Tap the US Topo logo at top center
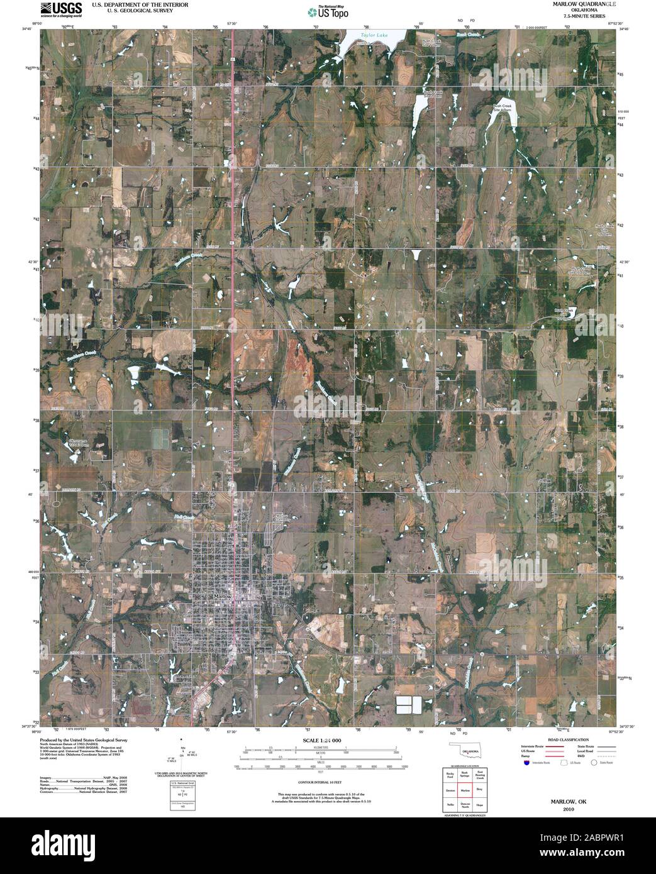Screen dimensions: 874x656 [327, 11]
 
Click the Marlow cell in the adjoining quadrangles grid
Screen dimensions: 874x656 [465, 790]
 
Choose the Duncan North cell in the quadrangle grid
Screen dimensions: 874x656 [465, 804]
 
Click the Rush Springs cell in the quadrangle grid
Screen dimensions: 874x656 [465, 775]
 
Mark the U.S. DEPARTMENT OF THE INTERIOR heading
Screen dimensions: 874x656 [128, 4]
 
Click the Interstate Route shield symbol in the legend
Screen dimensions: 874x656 [526, 763]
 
